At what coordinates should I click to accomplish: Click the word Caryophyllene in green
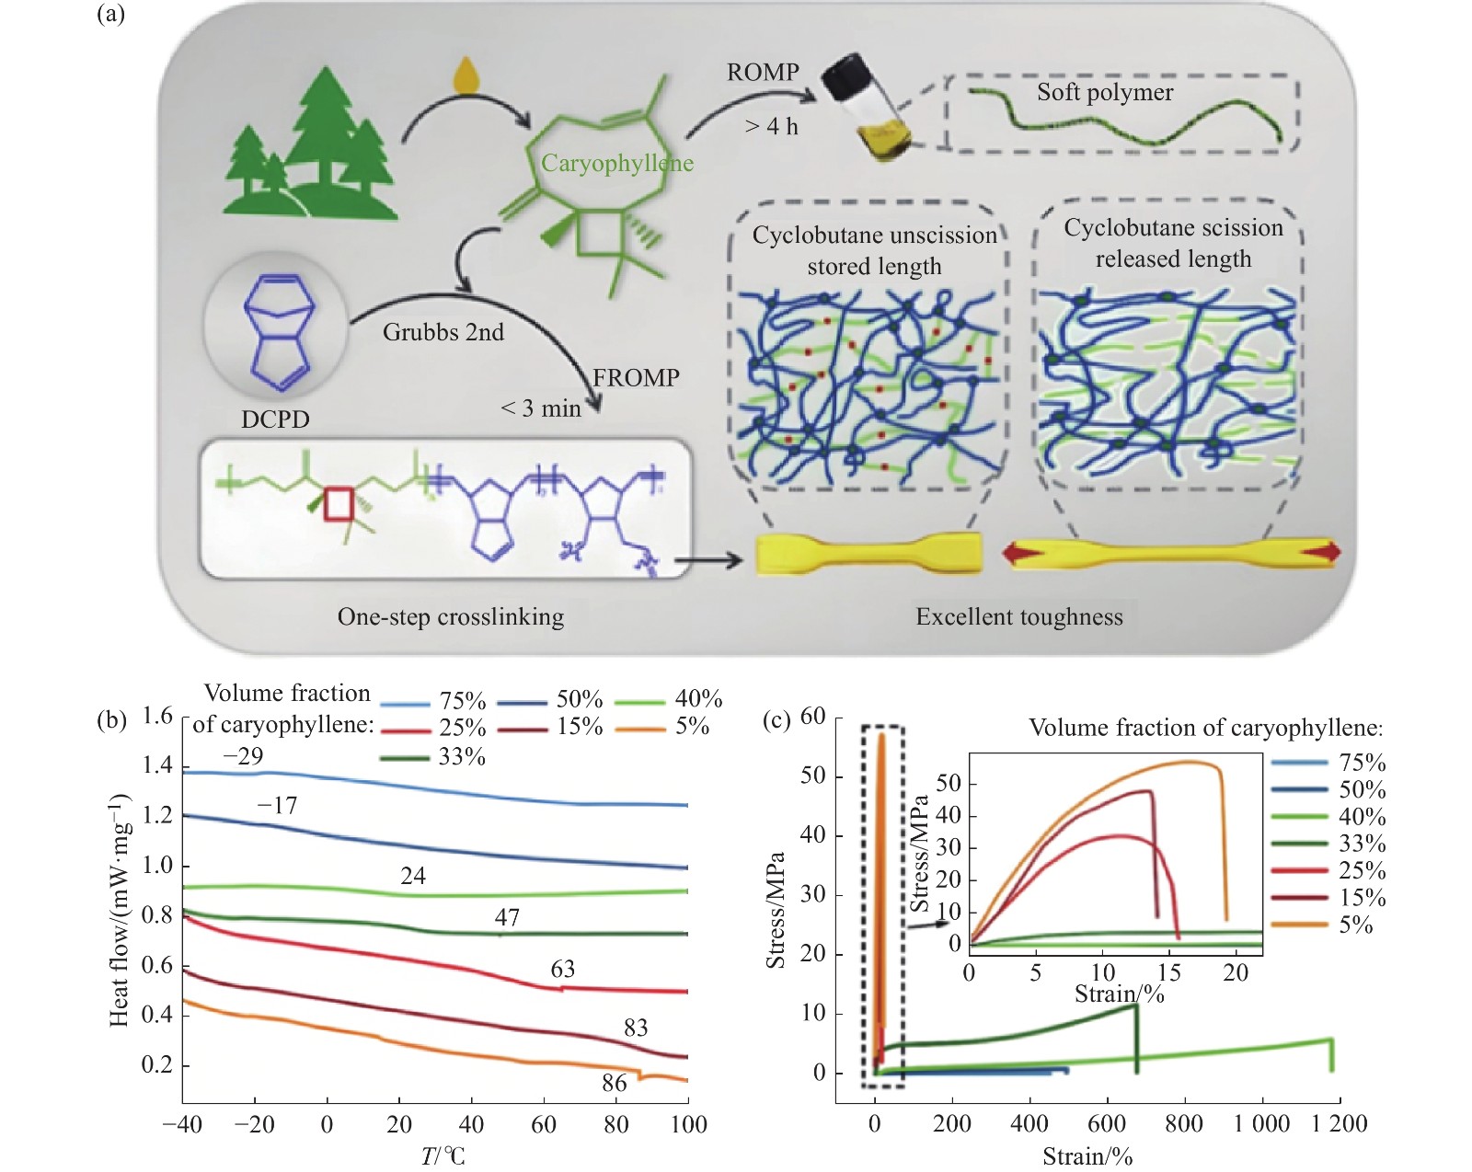point(617,163)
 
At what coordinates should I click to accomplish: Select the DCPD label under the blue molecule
point(275,419)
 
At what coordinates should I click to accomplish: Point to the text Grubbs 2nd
point(443,332)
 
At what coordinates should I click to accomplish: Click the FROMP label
point(636,378)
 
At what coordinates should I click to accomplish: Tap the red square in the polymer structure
point(339,504)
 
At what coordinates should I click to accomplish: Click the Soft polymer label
point(1105,92)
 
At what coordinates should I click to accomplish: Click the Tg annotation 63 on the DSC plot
point(562,969)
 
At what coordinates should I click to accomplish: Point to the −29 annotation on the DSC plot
point(243,755)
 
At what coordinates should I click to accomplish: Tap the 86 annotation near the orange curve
point(615,1083)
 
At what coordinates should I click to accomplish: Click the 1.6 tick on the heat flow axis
point(157,716)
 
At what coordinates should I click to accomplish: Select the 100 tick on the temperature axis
point(688,1124)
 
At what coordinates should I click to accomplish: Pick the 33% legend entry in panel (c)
point(1329,844)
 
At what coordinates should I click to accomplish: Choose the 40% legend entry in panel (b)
point(669,698)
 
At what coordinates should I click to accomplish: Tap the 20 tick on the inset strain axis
point(1236,972)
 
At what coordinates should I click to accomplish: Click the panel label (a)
point(110,13)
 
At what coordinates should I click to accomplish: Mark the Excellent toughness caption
point(1019,616)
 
